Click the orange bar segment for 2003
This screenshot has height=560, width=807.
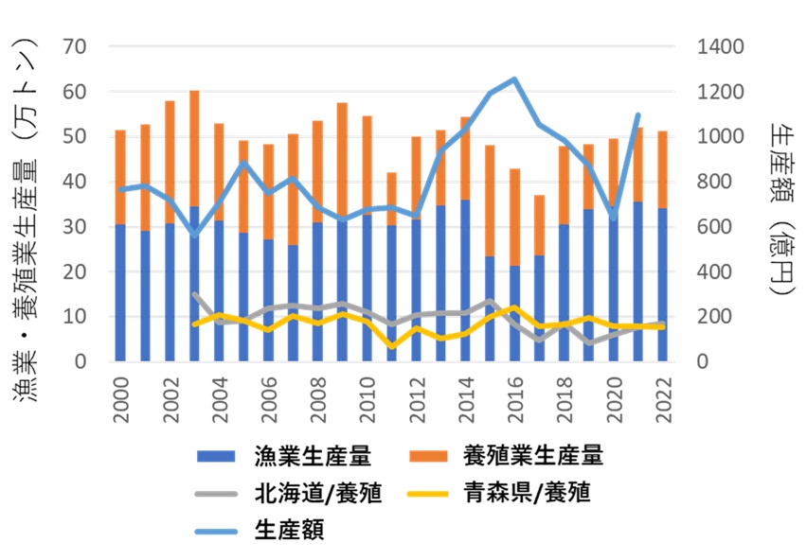pyautogui.click(x=194, y=149)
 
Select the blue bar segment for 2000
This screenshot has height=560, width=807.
pyautogui.click(x=120, y=293)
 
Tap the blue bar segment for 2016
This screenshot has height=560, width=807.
pyautogui.click(x=515, y=314)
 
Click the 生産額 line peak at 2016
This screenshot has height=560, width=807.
pyautogui.click(x=514, y=79)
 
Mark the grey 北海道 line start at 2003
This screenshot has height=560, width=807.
pyautogui.click(x=194, y=294)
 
